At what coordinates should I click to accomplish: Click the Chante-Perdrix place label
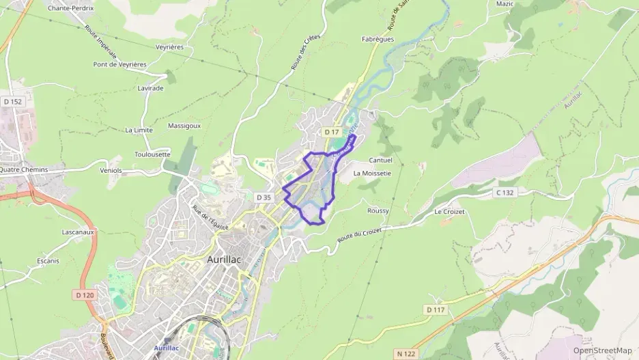click(x=70, y=8)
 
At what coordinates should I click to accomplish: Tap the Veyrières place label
click(x=170, y=47)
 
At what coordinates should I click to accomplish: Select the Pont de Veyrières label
click(x=120, y=64)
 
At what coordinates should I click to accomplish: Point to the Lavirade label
click(x=151, y=89)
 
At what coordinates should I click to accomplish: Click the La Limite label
click(x=139, y=130)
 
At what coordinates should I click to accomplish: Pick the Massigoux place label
click(x=184, y=126)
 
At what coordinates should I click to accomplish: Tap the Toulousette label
click(x=153, y=154)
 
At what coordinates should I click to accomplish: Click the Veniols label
click(x=111, y=170)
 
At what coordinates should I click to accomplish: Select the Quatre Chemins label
click(x=24, y=169)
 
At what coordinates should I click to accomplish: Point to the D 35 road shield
click(x=264, y=197)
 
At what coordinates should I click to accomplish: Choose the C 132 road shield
click(x=505, y=193)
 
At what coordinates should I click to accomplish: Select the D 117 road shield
click(x=436, y=310)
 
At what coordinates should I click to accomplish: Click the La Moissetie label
click(x=372, y=174)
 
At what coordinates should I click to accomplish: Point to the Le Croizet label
click(x=449, y=212)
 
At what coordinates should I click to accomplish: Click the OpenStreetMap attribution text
click(x=602, y=350)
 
